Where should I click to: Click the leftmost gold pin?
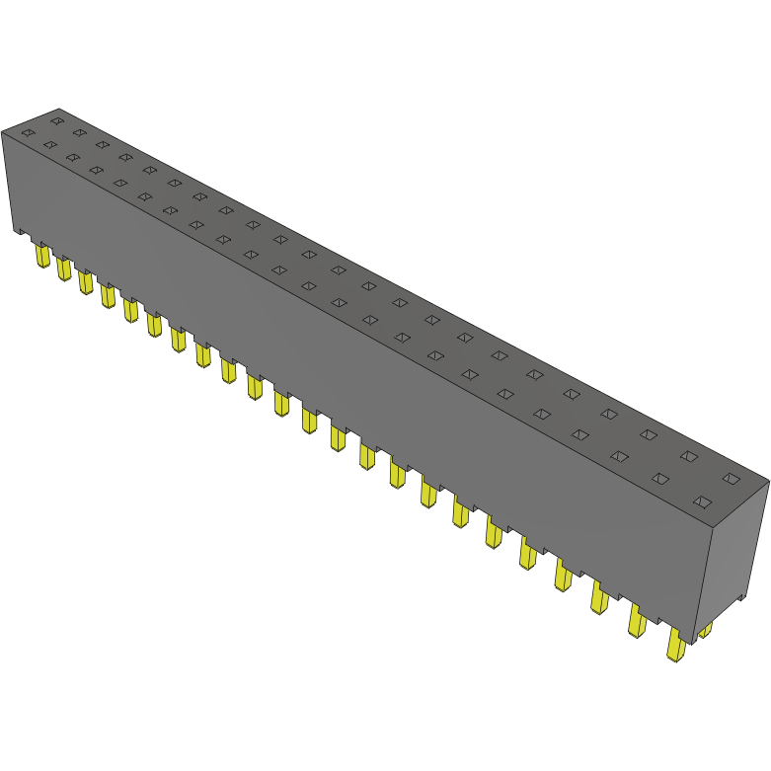coord(41,257)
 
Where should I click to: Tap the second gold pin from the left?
coord(63,269)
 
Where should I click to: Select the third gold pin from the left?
coord(85,282)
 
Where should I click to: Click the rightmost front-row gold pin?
coord(676,647)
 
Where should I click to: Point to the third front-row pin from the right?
coord(599,598)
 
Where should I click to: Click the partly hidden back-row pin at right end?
coord(705,629)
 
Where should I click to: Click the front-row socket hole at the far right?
coord(702,501)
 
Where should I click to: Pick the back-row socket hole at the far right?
coord(731,479)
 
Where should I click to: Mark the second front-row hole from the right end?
coord(660,479)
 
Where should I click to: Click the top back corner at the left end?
coord(59,109)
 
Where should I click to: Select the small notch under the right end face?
coord(738,600)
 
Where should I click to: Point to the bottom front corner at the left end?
coord(15,232)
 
